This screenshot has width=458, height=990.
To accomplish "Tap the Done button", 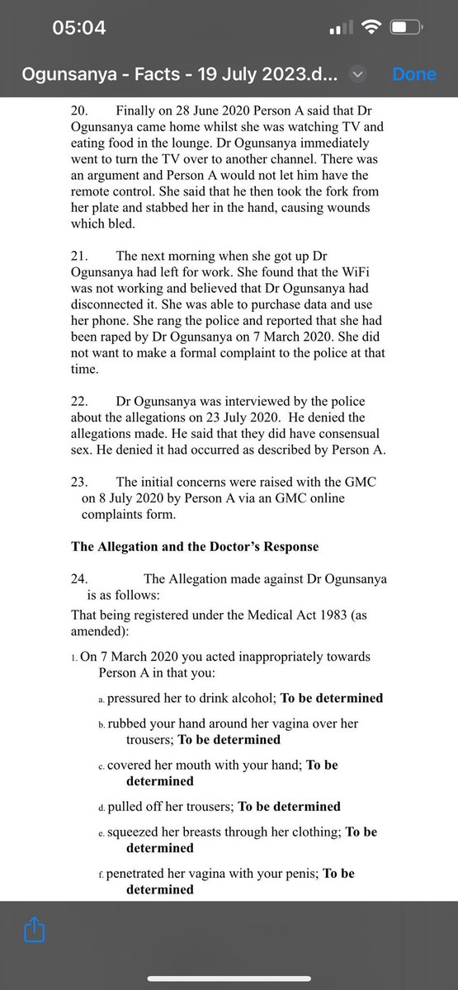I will [x=413, y=73].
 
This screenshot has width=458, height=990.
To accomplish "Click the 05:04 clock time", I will [x=78, y=27].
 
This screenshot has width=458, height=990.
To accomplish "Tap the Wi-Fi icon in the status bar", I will [x=372, y=27].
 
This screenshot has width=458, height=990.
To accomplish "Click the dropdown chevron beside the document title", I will [x=357, y=73].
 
